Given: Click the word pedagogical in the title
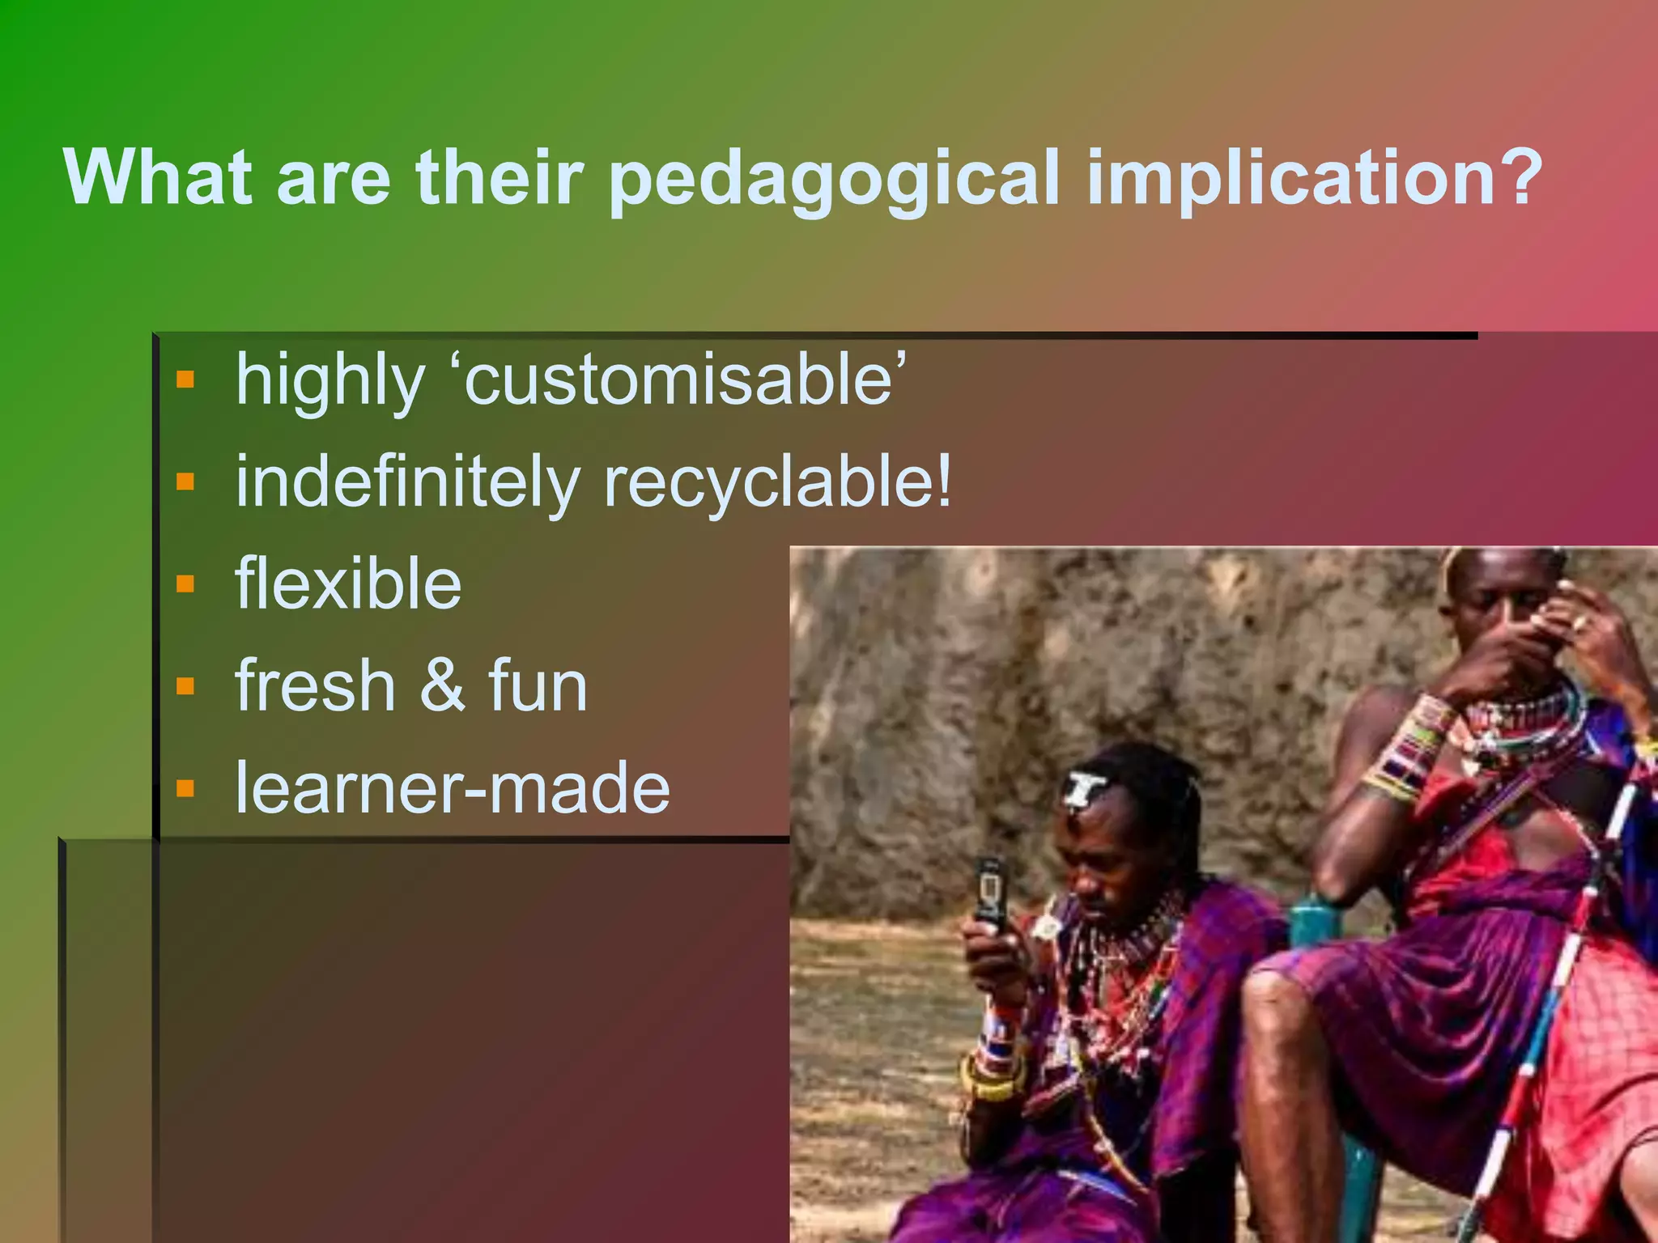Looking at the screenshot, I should (833, 180).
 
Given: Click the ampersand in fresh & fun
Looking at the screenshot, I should (442, 686).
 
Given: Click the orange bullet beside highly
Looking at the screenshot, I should (185, 380).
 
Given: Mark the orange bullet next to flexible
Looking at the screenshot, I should (185, 583).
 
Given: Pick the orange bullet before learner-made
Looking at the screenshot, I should (185, 788).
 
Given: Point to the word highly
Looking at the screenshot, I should (329, 381).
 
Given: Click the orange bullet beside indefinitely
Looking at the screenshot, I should (185, 482).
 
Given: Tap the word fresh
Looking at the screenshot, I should (315, 685).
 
